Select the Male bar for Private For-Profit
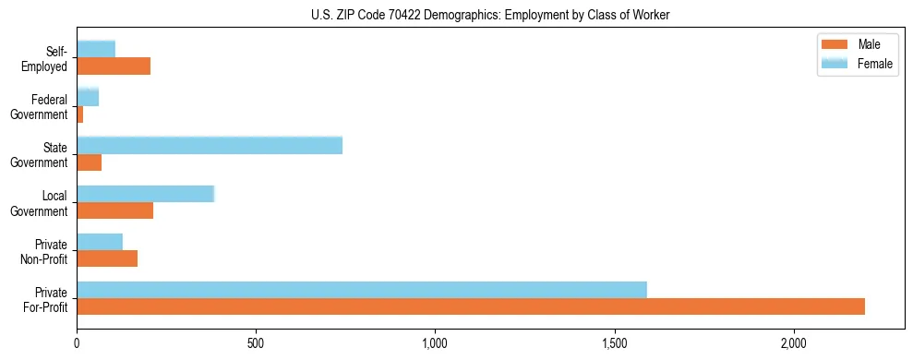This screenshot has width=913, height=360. tap(471, 306)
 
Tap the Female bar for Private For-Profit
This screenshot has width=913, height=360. tap(362, 290)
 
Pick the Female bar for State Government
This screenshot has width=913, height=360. tap(210, 145)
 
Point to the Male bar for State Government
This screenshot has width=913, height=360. tap(90, 162)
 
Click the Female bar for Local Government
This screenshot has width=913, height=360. tap(146, 194)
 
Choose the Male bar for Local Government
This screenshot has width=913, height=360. tap(115, 210)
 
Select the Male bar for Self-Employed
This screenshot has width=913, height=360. tap(114, 66)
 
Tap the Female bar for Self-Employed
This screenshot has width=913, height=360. tap(96, 49)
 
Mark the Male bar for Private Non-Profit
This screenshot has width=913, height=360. tap(107, 258)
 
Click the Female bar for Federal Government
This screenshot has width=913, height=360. tap(88, 97)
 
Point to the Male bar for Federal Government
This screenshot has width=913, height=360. tap(80, 114)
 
